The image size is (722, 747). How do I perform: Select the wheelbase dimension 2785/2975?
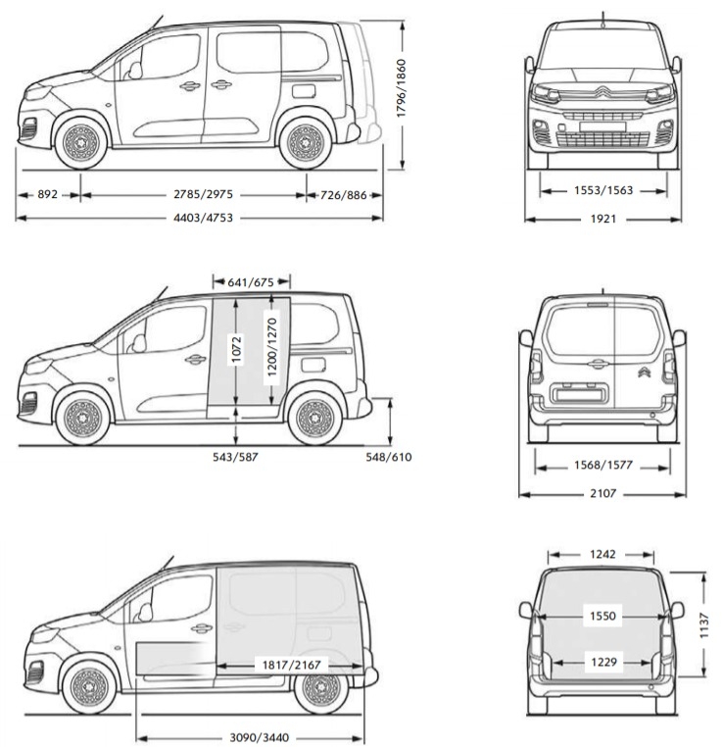pos(194,195)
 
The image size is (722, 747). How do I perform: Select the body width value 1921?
pos(602,219)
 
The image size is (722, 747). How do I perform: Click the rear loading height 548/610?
pos(387,457)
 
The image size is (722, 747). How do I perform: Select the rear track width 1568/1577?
pos(602,466)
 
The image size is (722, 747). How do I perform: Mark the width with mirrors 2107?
pos(602,493)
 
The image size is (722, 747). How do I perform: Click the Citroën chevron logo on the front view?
pos(602,95)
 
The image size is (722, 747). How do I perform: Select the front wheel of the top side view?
pos(81,143)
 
